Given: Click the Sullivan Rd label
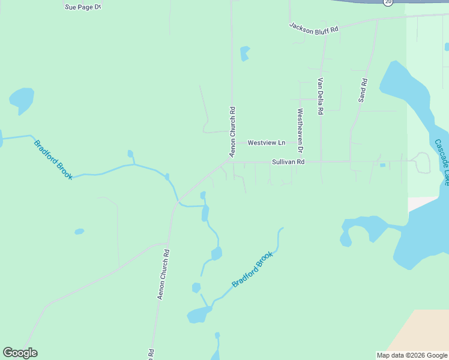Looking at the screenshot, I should (288, 162).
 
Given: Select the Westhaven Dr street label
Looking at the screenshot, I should (300, 130).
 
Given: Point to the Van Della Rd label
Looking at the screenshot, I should (321, 96).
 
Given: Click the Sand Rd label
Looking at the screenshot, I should (363, 90).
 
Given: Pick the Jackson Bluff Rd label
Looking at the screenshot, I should (314, 29).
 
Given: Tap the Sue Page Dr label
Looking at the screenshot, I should (82, 7).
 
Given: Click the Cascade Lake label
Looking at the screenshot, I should (442, 162).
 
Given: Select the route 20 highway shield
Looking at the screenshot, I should (388, 2).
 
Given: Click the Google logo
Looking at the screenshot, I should (20, 353).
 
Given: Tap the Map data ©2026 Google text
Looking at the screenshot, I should (412, 355).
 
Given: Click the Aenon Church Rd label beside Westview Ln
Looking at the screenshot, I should (232, 124).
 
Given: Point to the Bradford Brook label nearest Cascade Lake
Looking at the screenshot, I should (253, 269).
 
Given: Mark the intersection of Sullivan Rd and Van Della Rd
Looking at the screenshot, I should (321, 161).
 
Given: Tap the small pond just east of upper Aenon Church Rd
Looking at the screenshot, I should (244, 53).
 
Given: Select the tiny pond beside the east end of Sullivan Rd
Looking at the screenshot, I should (382, 165).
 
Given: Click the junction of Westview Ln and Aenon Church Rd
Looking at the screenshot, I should (232, 143).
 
